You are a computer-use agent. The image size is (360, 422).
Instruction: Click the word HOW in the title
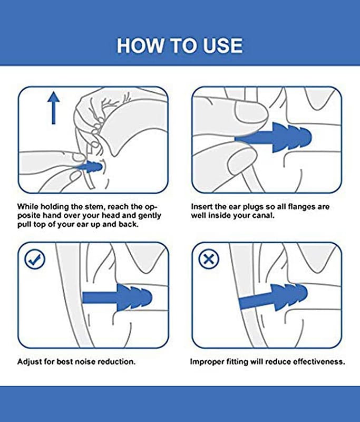pyautogui.click(x=140, y=45)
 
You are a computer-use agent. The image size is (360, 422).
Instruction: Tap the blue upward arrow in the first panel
pyautogui.click(x=54, y=108)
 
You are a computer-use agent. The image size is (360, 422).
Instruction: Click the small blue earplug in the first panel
pyautogui.click(x=90, y=167)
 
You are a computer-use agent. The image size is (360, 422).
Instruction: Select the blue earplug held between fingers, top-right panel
pyautogui.click(x=273, y=138)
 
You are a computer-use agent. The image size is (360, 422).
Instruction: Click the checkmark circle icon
pyautogui.click(x=35, y=259)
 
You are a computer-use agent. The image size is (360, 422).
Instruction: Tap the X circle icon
pyautogui.click(x=209, y=259)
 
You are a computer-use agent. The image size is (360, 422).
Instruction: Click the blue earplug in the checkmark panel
pyautogui.click(x=117, y=297)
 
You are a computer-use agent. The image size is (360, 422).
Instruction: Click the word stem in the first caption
pyautogui.click(x=95, y=207)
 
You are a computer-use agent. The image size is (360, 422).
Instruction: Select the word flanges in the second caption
pyautogui.click(x=301, y=207)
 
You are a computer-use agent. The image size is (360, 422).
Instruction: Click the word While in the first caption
pyautogui.click(x=28, y=207)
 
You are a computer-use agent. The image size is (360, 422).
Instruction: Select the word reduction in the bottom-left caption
pyautogui.click(x=116, y=361)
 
